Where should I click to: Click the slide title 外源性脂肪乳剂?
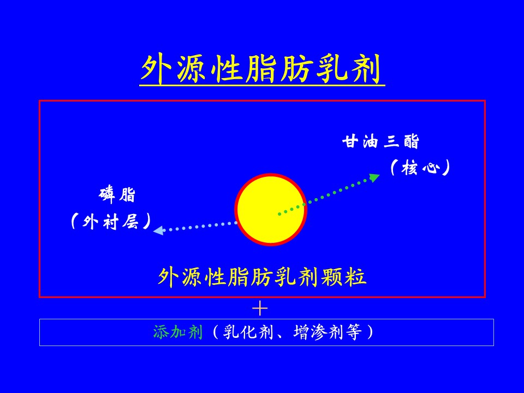click(262, 69)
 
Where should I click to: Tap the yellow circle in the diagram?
click(271, 210)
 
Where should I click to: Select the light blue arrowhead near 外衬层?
click(158, 230)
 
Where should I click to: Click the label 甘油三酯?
click(380, 141)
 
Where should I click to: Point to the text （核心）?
click(420, 168)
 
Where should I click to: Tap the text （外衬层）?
click(111, 221)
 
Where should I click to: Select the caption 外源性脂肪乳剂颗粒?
click(262, 277)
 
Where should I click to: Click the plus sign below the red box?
click(260, 308)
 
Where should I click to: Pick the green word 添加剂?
click(178, 332)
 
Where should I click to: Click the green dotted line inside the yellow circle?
click(291, 209)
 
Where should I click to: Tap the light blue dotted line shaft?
click(200, 227)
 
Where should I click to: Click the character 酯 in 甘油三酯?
click(411, 141)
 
